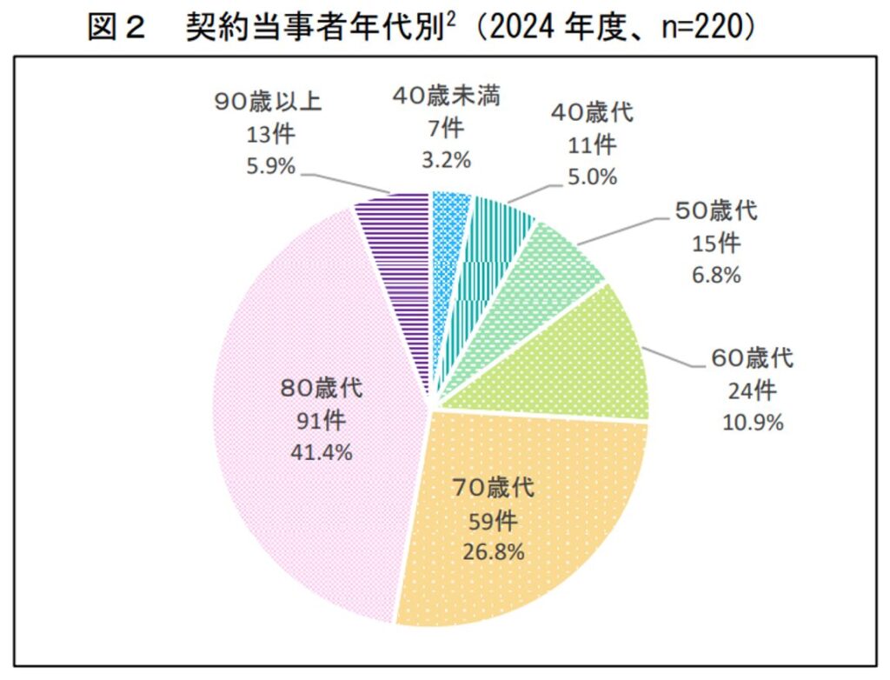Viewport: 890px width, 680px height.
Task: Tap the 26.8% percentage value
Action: point(493,552)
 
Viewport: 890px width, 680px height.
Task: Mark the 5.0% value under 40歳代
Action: point(593,177)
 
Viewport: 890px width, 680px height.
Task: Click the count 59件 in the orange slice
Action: point(493,520)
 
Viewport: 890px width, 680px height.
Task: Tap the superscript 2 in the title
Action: point(455,19)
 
